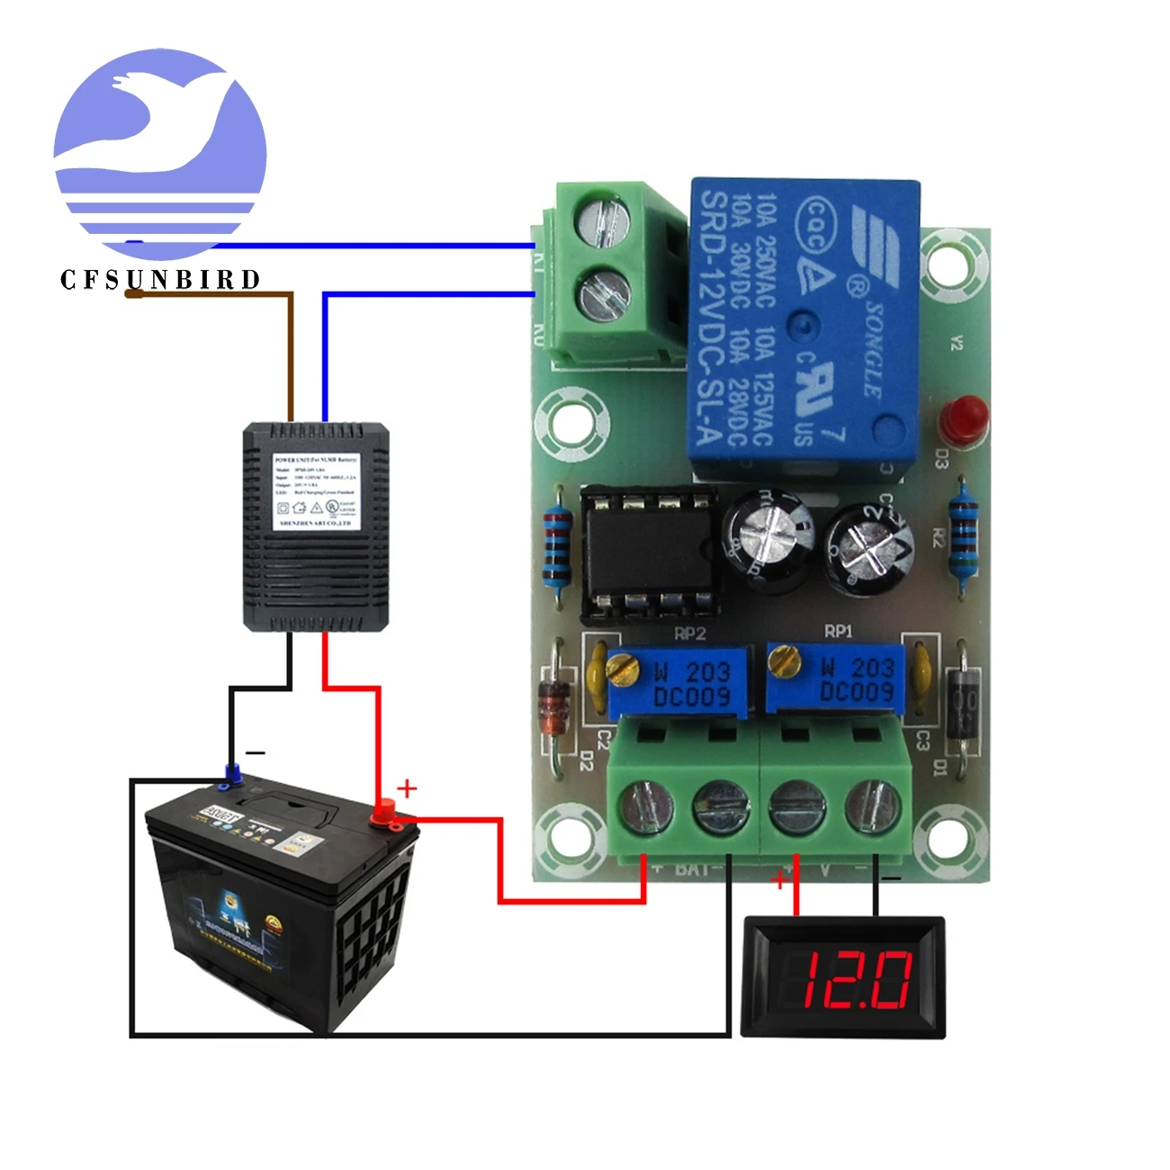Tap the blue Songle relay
[x=804, y=324]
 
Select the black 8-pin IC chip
[x=648, y=555]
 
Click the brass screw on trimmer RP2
[x=618, y=666]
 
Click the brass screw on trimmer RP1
[x=784, y=662]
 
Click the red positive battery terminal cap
[x=385, y=811]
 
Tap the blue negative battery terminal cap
[x=232, y=772]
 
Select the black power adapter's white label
[x=315, y=491]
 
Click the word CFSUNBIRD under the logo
[x=160, y=280]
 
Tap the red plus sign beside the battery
[x=407, y=788]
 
